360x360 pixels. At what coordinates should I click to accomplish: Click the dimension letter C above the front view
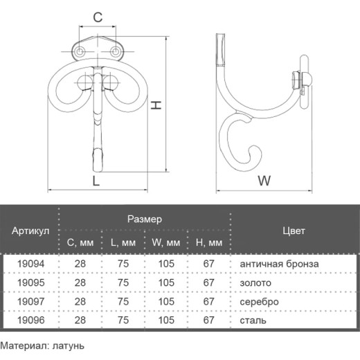(x=98, y=17)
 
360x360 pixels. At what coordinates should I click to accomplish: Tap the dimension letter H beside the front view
(x=156, y=105)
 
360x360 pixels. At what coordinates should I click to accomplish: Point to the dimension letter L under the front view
(x=96, y=181)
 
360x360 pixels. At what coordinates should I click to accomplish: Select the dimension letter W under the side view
(x=264, y=181)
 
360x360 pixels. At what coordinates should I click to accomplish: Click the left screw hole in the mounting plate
(x=80, y=52)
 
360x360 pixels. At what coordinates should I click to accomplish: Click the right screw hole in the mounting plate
(x=115, y=52)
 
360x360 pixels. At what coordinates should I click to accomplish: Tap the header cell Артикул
(x=30, y=231)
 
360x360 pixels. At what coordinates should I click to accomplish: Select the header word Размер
(x=145, y=219)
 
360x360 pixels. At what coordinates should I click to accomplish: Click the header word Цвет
(x=294, y=231)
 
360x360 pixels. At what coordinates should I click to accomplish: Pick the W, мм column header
(x=166, y=242)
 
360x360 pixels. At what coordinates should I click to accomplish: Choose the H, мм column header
(x=209, y=242)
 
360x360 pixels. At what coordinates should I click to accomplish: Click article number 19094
(x=31, y=264)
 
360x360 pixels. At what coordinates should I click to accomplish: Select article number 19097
(x=31, y=301)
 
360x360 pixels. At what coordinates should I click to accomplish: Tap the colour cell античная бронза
(x=279, y=264)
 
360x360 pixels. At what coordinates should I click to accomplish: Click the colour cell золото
(x=255, y=282)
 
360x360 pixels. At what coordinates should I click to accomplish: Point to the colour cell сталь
(x=253, y=321)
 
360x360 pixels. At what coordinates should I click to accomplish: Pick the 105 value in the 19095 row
(x=166, y=282)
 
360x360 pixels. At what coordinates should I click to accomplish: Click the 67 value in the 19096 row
(x=209, y=321)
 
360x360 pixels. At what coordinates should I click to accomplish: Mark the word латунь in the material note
(x=69, y=346)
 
